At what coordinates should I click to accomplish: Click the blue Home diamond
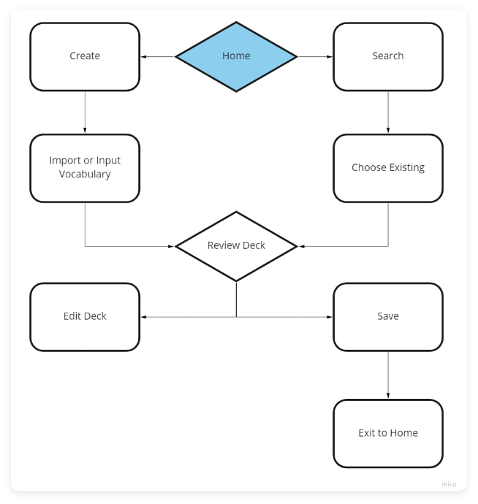click(236, 56)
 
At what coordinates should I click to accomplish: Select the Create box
click(85, 56)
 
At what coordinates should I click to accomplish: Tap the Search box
click(387, 56)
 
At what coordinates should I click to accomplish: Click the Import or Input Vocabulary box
click(85, 167)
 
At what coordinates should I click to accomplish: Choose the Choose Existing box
click(387, 167)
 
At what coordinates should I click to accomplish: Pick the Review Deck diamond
click(236, 245)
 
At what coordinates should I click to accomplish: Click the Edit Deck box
click(85, 316)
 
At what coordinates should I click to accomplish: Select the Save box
click(387, 316)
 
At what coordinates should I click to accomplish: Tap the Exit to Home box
click(387, 432)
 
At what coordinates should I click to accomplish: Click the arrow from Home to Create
click(158, 56)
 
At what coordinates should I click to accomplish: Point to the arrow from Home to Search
click(314, 56)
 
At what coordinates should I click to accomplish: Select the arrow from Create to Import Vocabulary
click(85, 112)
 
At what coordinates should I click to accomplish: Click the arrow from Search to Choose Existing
click(387, 112)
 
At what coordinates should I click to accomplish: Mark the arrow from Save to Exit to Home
click(387, 375)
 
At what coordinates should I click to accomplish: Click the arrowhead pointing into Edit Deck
click(143, 317)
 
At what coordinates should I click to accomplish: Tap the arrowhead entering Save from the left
click(330, 317)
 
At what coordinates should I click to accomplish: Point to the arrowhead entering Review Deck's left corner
click(172, 246)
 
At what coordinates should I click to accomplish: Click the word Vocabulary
click(85, 175)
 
